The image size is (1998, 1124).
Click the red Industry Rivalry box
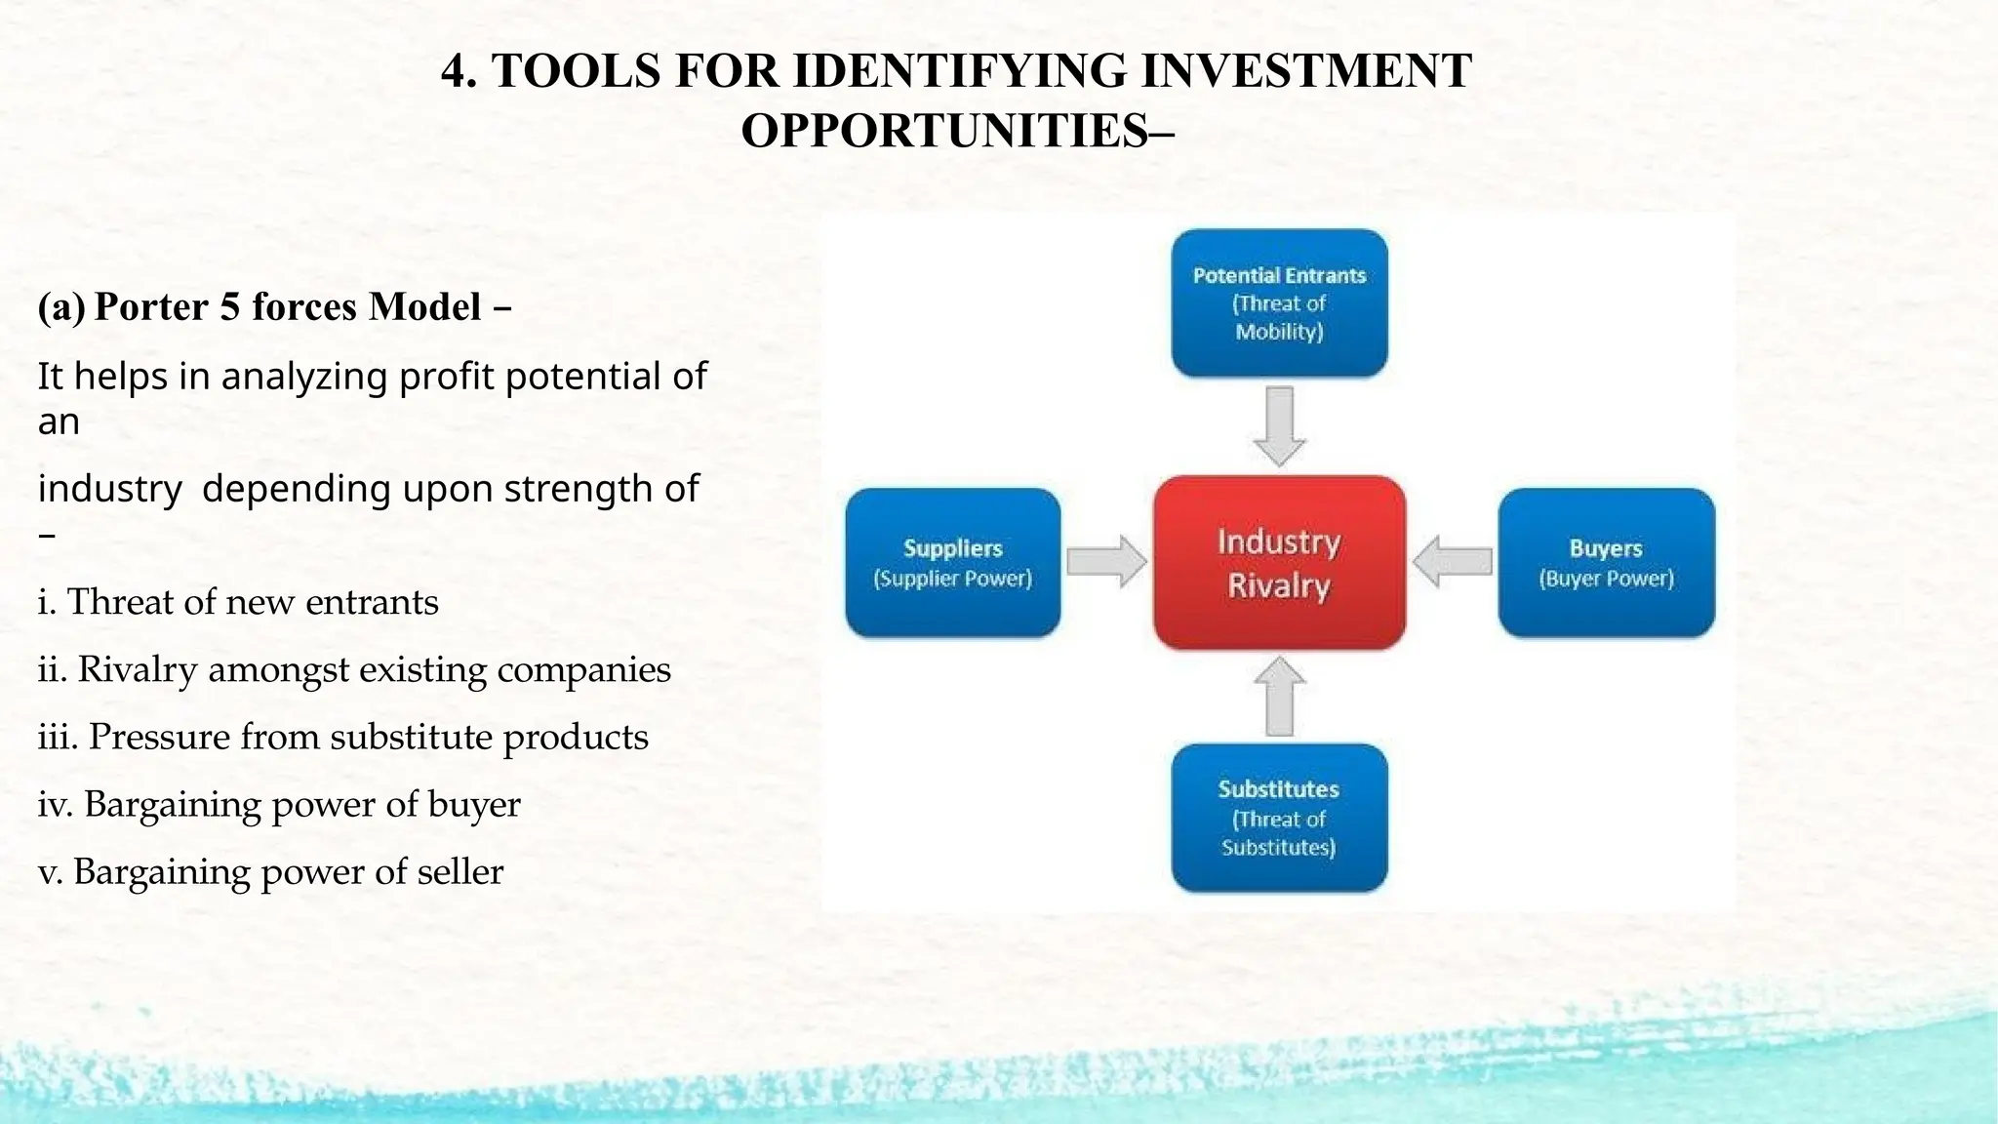1279,563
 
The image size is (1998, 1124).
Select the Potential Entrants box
1279,303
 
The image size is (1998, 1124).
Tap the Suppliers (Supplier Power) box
953,563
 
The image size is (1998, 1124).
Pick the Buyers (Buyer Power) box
1606,563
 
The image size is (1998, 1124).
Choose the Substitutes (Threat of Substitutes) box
1279,818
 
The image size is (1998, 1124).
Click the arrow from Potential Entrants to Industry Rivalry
1279,425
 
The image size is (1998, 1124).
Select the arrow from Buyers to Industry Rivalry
1453,561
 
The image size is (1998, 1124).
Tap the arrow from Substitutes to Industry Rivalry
1279,696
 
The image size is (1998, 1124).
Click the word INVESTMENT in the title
1305,71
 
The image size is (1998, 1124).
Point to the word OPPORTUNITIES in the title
944,131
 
